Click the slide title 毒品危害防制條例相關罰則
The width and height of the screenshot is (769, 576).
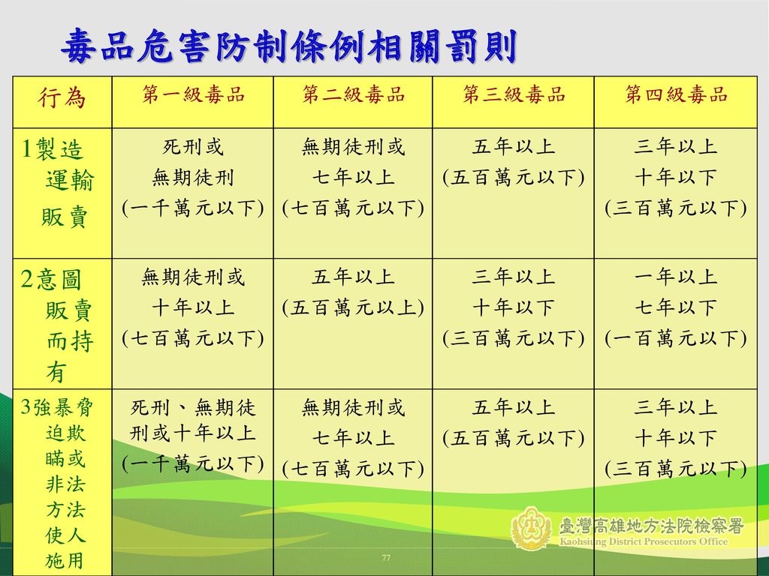pos(289,46)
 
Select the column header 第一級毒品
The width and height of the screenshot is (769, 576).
pos(193,94)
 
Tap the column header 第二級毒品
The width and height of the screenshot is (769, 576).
pos(353,94)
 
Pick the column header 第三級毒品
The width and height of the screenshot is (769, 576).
pos(514,94)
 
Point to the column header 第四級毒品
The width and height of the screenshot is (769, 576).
pos(676,94)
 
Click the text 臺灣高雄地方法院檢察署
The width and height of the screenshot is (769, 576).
pos(651,526)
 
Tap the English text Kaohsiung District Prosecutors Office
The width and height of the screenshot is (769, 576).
pos(644,541)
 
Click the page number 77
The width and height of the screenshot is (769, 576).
pos(386,557)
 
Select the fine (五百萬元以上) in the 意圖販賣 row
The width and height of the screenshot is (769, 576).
pos(353,308)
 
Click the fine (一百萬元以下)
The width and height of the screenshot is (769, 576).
pos(676,338)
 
